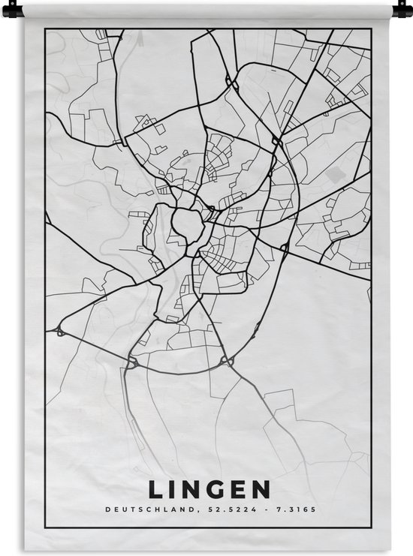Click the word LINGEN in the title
pos(210,489)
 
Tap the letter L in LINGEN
pos(155,489)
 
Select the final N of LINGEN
pos(261,489)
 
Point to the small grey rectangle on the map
pos(335,173)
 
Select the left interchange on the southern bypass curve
pos(133,362)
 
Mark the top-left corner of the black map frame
pos(46,29)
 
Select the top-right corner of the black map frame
pos(371,29)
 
